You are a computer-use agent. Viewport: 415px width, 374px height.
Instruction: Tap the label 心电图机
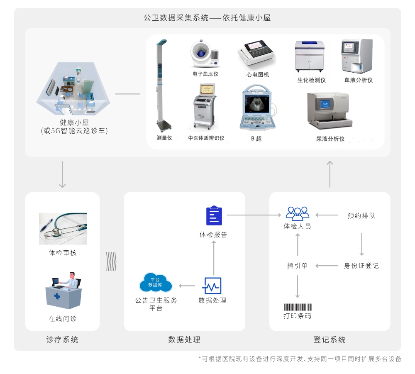pyautogui.click(x=257, y=74)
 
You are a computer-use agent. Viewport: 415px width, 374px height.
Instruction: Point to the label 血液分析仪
pyautogui.click(x=359, y=80)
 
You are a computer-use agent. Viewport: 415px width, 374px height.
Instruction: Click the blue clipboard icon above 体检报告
pyautogui.click(x=214, y=216)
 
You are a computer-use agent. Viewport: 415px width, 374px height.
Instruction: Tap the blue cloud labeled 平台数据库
pyautogui.click(x=156, y=283)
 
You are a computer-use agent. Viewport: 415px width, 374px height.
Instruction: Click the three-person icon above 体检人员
pyautogui.click(x=298, y=213)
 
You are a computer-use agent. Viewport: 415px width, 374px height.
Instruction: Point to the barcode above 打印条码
pyautogui.click(x=297, y=308)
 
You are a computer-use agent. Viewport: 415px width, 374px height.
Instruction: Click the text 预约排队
pyautogui.click(x=361, y=216)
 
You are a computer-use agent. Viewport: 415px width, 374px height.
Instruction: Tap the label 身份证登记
pyautogui.click(x=361, y=266)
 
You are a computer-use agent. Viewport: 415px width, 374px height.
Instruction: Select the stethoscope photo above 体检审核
pyautogui.click(x=63, y=228)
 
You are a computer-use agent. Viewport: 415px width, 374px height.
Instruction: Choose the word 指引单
pyautogui.click(x=297, y=266)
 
